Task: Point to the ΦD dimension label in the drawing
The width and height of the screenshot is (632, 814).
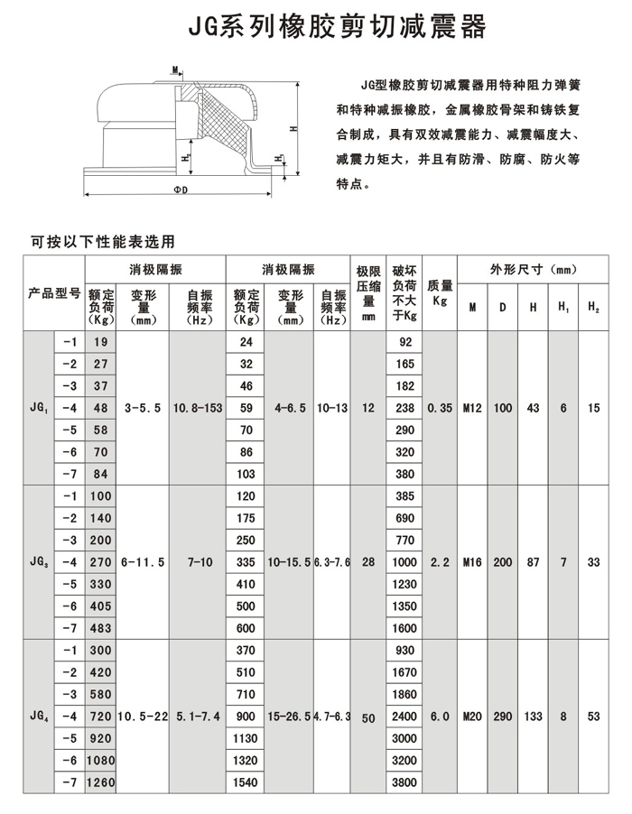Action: point(181,190)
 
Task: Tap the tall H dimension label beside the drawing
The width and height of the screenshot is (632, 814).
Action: point(293,130)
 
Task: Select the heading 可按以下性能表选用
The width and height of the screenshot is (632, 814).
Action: point(101,241)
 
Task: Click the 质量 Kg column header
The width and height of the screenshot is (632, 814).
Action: point(440,293)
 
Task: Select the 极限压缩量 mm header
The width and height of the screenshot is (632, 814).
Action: point(367,293)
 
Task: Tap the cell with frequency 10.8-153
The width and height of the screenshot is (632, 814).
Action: point(197,408)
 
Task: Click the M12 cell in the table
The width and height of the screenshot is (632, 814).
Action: point(472,408)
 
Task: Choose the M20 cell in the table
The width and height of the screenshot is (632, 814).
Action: point(472,717)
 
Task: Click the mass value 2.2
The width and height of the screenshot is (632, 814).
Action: point(440,562)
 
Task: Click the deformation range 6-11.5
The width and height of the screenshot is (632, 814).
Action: point(143,562)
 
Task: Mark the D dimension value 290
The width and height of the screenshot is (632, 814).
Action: point(502,717)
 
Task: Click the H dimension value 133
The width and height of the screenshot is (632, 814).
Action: point(533,717)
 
